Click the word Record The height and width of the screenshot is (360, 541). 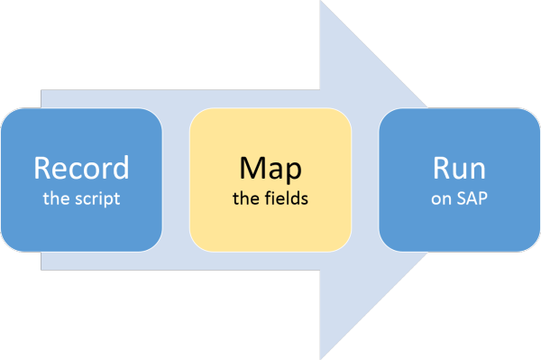point(81,168)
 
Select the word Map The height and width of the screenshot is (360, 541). point(270,168)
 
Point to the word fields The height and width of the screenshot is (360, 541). point(288,198)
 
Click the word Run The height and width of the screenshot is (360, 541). point(459,168)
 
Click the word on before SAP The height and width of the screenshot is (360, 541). point(441,198)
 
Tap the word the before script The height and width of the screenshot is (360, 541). point(57,198)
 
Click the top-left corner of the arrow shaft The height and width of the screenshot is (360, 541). point(42,91)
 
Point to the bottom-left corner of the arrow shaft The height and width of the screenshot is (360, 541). point(42,268)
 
